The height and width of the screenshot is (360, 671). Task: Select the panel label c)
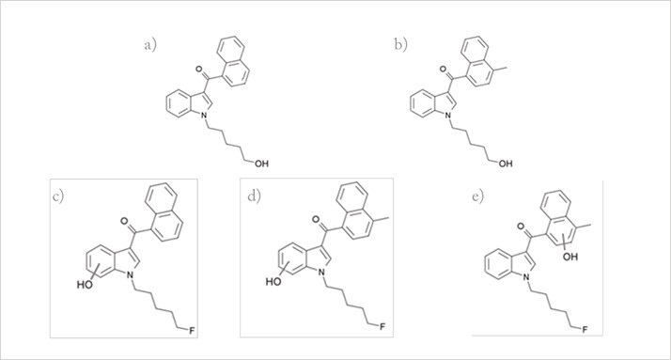(x=59, y=196)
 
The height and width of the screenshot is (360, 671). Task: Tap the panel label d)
(x=252, y=196)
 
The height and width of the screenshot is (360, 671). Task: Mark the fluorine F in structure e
(x=585, y=330)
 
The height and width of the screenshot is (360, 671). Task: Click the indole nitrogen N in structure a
(x=198, y=115)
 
